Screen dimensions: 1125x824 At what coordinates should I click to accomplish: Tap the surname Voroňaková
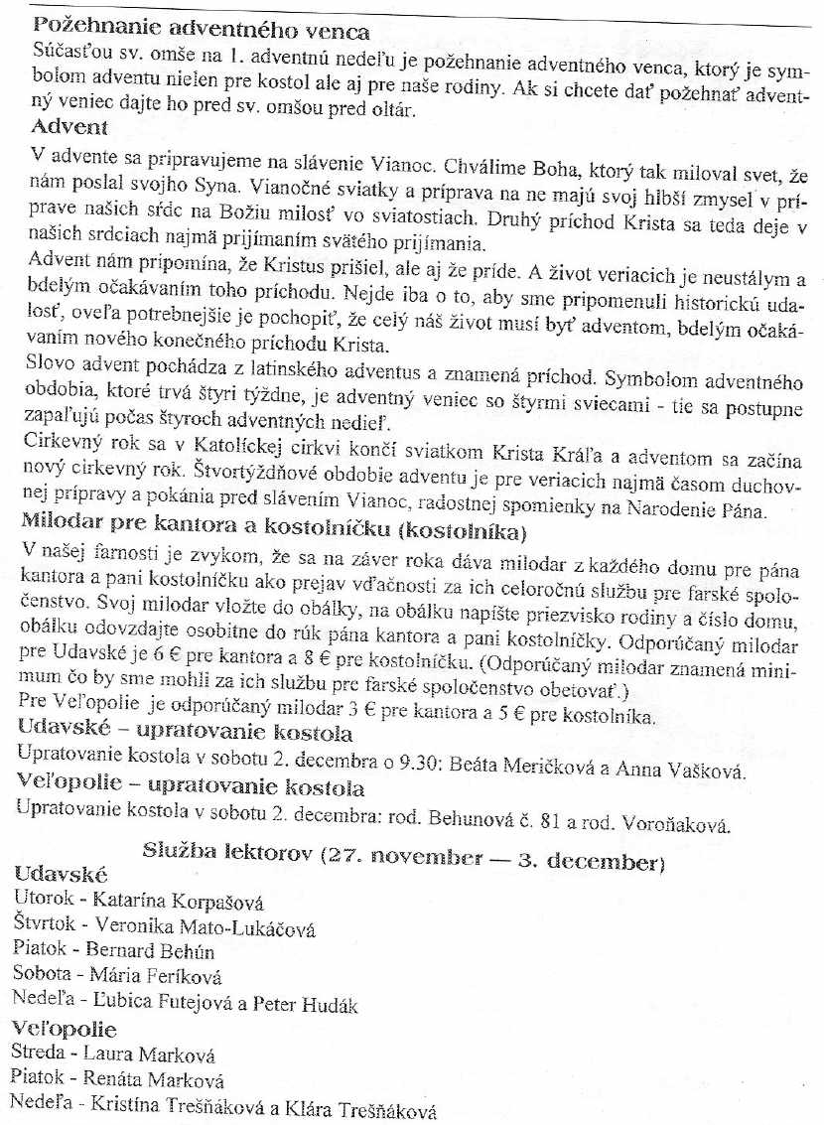point(677,823)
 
